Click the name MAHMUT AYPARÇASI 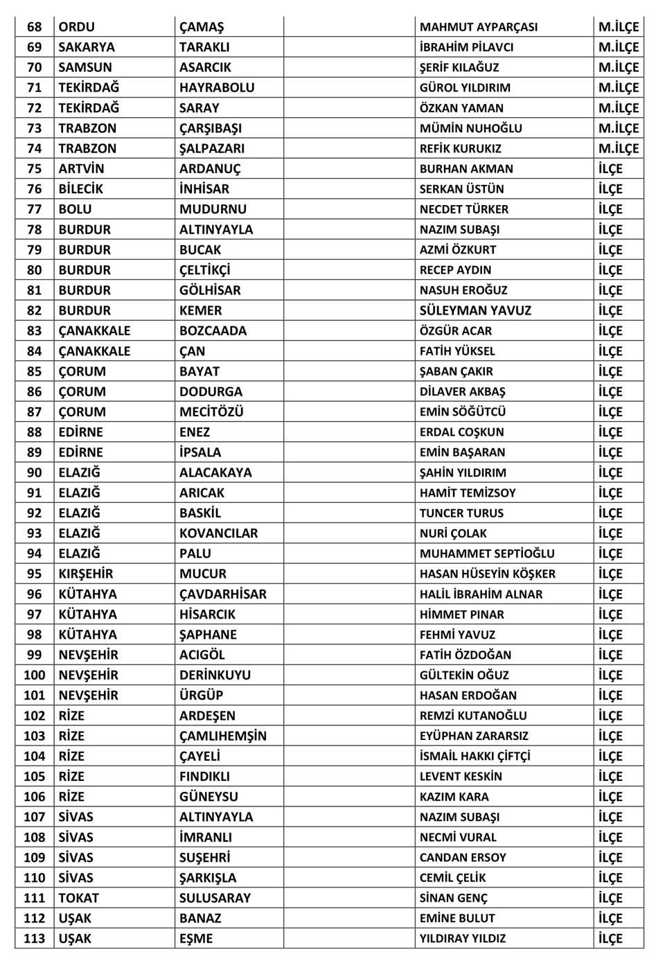point(478,28)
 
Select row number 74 point(34,149)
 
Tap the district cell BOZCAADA point(213,331)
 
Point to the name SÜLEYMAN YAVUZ point(475,311)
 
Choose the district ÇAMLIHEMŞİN point(222,736)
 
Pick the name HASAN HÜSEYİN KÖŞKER point(487,574)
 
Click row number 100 point(34,675)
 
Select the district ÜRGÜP point(201,696)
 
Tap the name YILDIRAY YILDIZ point(462,939)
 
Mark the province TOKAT point(78,899)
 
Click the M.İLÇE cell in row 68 point(618,28)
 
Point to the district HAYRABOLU point(217,88)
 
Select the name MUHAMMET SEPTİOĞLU point(487,554)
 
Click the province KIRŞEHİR point(85,574)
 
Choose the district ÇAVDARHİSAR point(222,594)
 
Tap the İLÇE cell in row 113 point(610,939)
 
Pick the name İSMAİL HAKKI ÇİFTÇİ point(475,757)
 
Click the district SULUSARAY point(215,899)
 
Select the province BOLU point(75,210)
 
